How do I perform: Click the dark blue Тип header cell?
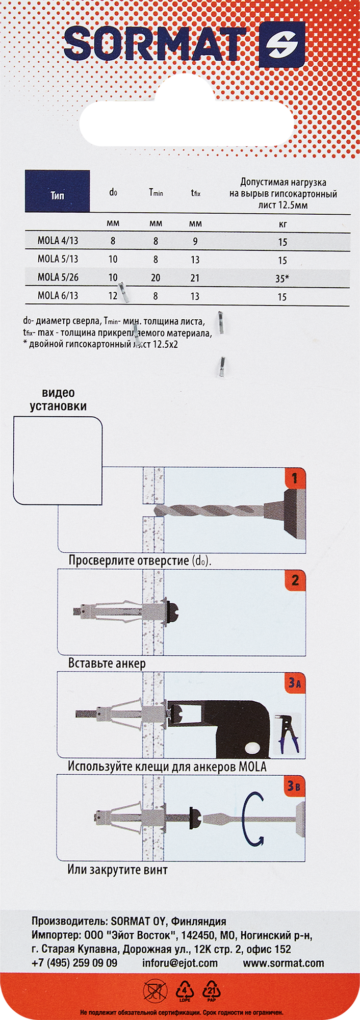(x=58, y=192)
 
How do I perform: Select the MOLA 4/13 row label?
(x=58, y=241)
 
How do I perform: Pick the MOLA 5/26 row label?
(x=58, y=277)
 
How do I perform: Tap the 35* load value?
(x=282, y=278)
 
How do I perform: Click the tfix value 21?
(x=195, y=278)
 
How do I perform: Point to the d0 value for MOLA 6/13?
(x=113, y=296)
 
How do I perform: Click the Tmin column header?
(x=156, y=192)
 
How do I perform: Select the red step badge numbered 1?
(x=295, y=478)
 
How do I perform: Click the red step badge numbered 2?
(x=295, y=580)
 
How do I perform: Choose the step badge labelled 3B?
(x=294, y=786)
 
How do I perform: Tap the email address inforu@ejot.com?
(x=180, y=963)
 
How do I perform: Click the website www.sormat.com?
(x=283, y=963)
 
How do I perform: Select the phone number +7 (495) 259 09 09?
(x=74, y=963)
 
